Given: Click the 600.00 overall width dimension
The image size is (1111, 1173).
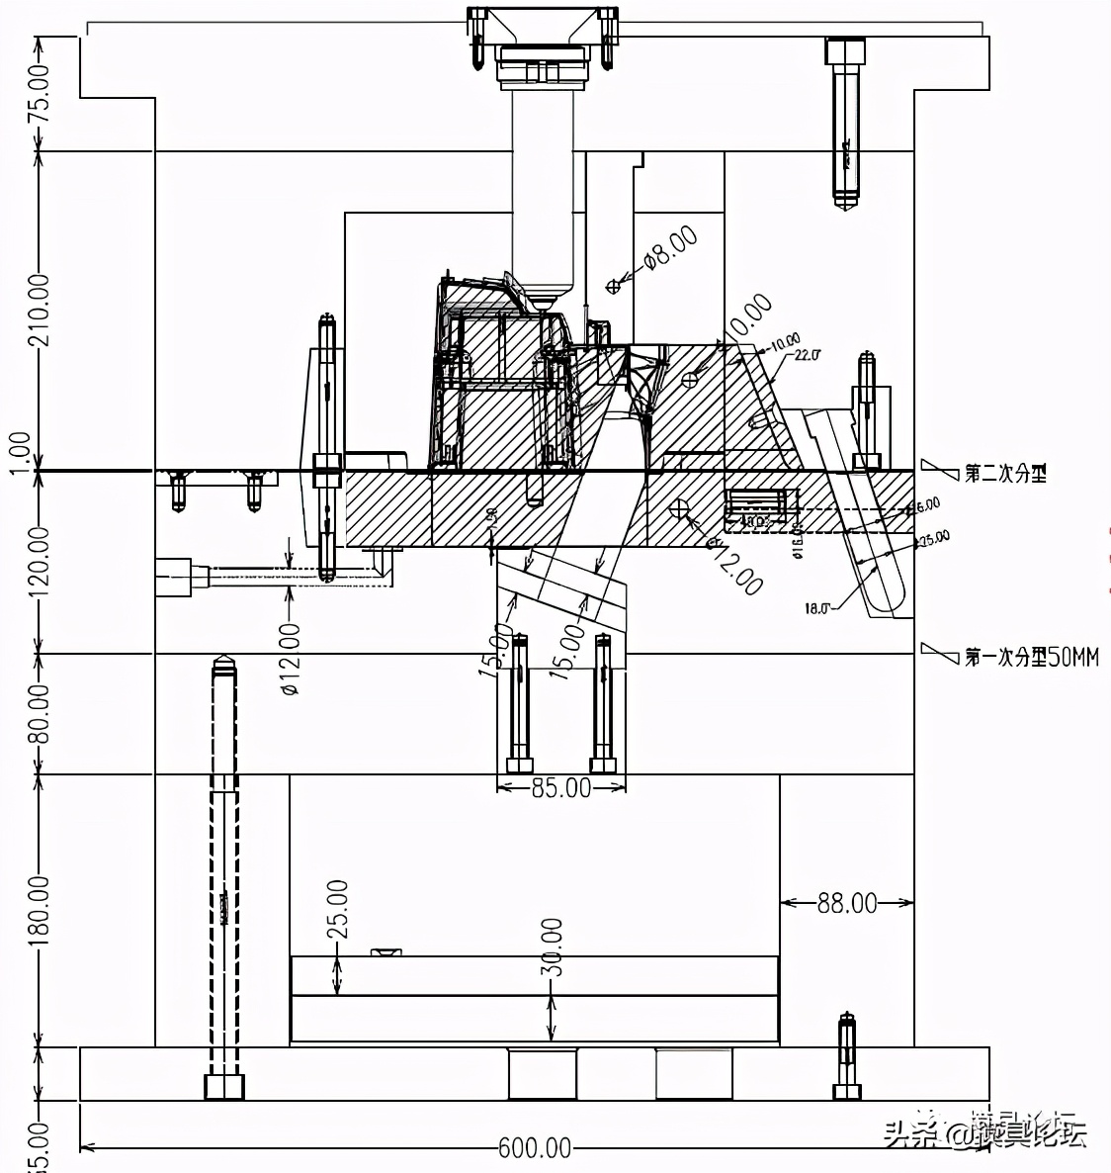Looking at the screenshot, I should [535, 1147].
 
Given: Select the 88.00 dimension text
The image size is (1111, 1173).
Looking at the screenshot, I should [847, 902].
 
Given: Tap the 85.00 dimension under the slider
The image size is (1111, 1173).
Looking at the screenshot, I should [560, 787].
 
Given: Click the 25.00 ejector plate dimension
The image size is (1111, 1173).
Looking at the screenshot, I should [338, 909].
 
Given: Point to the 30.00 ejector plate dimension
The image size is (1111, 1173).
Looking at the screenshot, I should [553, 947].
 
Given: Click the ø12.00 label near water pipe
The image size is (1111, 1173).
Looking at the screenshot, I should [290, 658].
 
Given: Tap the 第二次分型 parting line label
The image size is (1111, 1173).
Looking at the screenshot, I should [1004, 474].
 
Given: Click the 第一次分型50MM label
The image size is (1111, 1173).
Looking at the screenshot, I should [1031, 657].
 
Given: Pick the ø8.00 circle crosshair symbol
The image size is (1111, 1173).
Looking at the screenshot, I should [614, 286].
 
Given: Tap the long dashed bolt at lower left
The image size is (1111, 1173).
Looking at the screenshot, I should [225, 880].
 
